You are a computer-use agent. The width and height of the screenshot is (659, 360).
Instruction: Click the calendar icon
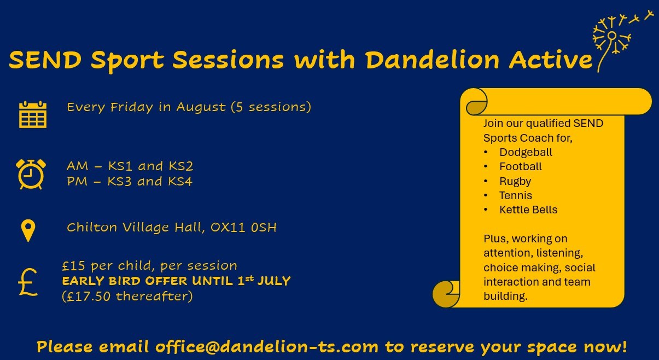tap(33, 114)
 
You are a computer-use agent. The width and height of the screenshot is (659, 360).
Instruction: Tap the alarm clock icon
tap(31, 175)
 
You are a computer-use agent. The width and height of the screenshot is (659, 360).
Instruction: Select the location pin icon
tap(28, 231)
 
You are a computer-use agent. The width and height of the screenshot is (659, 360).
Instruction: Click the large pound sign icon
tap(28, 282)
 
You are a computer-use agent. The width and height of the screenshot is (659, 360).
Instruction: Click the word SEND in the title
tap(45, 60)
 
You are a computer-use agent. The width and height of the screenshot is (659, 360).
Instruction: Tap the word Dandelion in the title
tap(432, 60)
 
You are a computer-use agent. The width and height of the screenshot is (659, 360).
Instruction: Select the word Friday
tap(132, 107)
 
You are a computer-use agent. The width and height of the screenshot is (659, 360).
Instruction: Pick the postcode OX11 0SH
tap(243, 228)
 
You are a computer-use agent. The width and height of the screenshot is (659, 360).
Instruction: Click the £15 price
tap(73, 266)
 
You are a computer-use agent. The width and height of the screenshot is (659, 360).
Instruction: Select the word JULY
tap(274, 281)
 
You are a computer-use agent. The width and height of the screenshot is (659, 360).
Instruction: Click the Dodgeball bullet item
tap(526, 153)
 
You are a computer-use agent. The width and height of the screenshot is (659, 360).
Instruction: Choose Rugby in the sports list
tap(515, 181)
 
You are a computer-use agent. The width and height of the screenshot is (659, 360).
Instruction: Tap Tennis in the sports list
tap(515, 195)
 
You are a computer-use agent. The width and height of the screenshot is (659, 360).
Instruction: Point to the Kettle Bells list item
tap(528, 210)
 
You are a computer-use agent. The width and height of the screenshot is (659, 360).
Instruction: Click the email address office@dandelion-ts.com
tap(266, 347)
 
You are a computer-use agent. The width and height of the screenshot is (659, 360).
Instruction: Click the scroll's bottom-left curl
tap(446, 294)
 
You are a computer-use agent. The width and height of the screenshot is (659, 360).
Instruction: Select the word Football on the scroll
tap(521, 167)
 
